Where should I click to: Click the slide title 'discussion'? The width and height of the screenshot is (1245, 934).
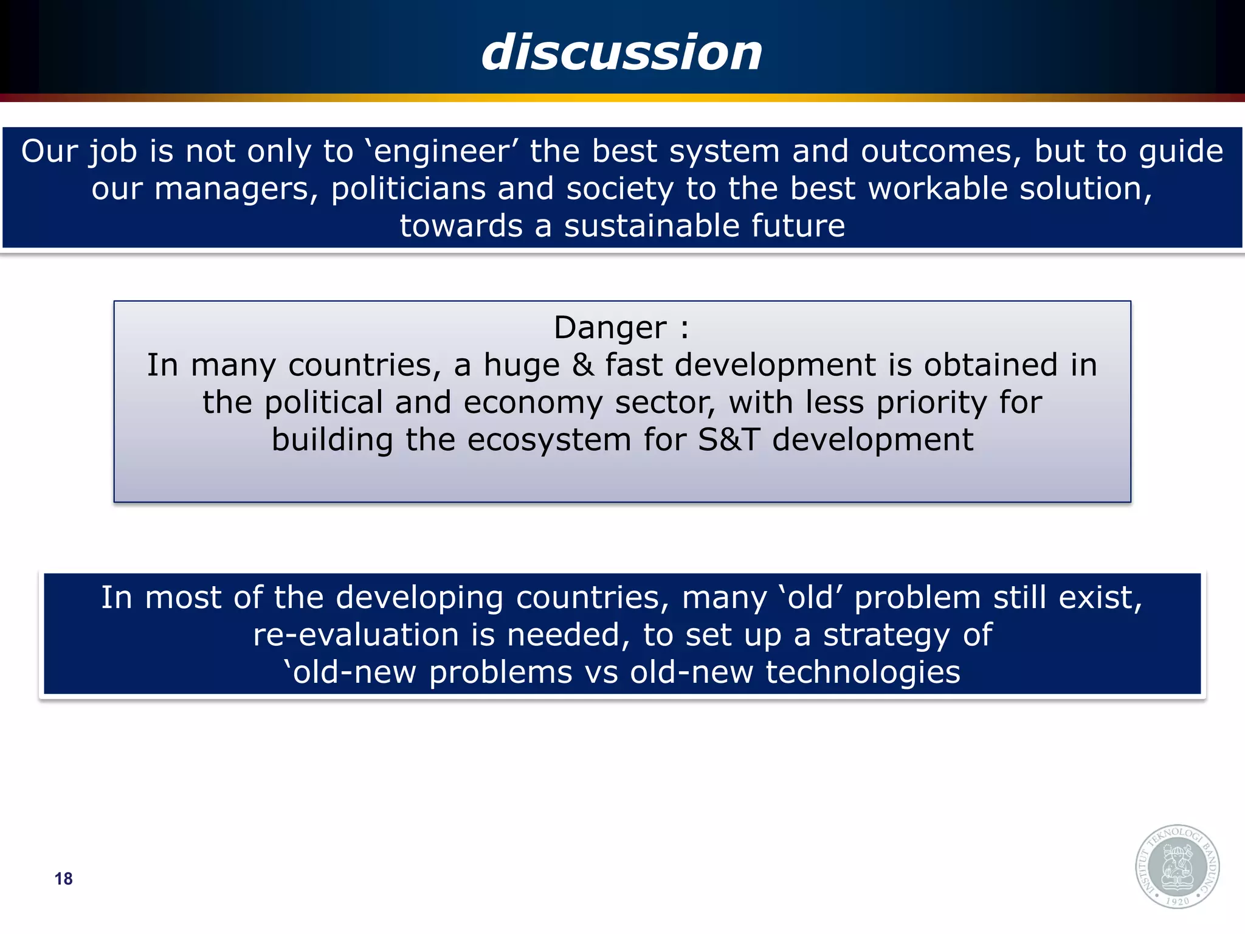click(622, 52)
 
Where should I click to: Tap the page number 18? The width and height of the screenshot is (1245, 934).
click(63, 879)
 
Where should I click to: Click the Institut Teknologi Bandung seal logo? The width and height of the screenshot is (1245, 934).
click(1177, 867)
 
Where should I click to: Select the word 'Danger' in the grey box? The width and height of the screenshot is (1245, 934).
click(610, 328)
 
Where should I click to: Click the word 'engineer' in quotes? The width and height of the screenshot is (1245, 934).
click(441, 151)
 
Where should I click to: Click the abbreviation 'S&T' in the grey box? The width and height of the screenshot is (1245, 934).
click(728, 440)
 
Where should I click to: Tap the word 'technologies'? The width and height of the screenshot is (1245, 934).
click(863, 673)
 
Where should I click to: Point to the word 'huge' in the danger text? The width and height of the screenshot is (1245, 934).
click(521, 366)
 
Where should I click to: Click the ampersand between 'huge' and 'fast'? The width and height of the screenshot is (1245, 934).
click(582, 365)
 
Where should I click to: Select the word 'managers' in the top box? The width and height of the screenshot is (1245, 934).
click(236, 189)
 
